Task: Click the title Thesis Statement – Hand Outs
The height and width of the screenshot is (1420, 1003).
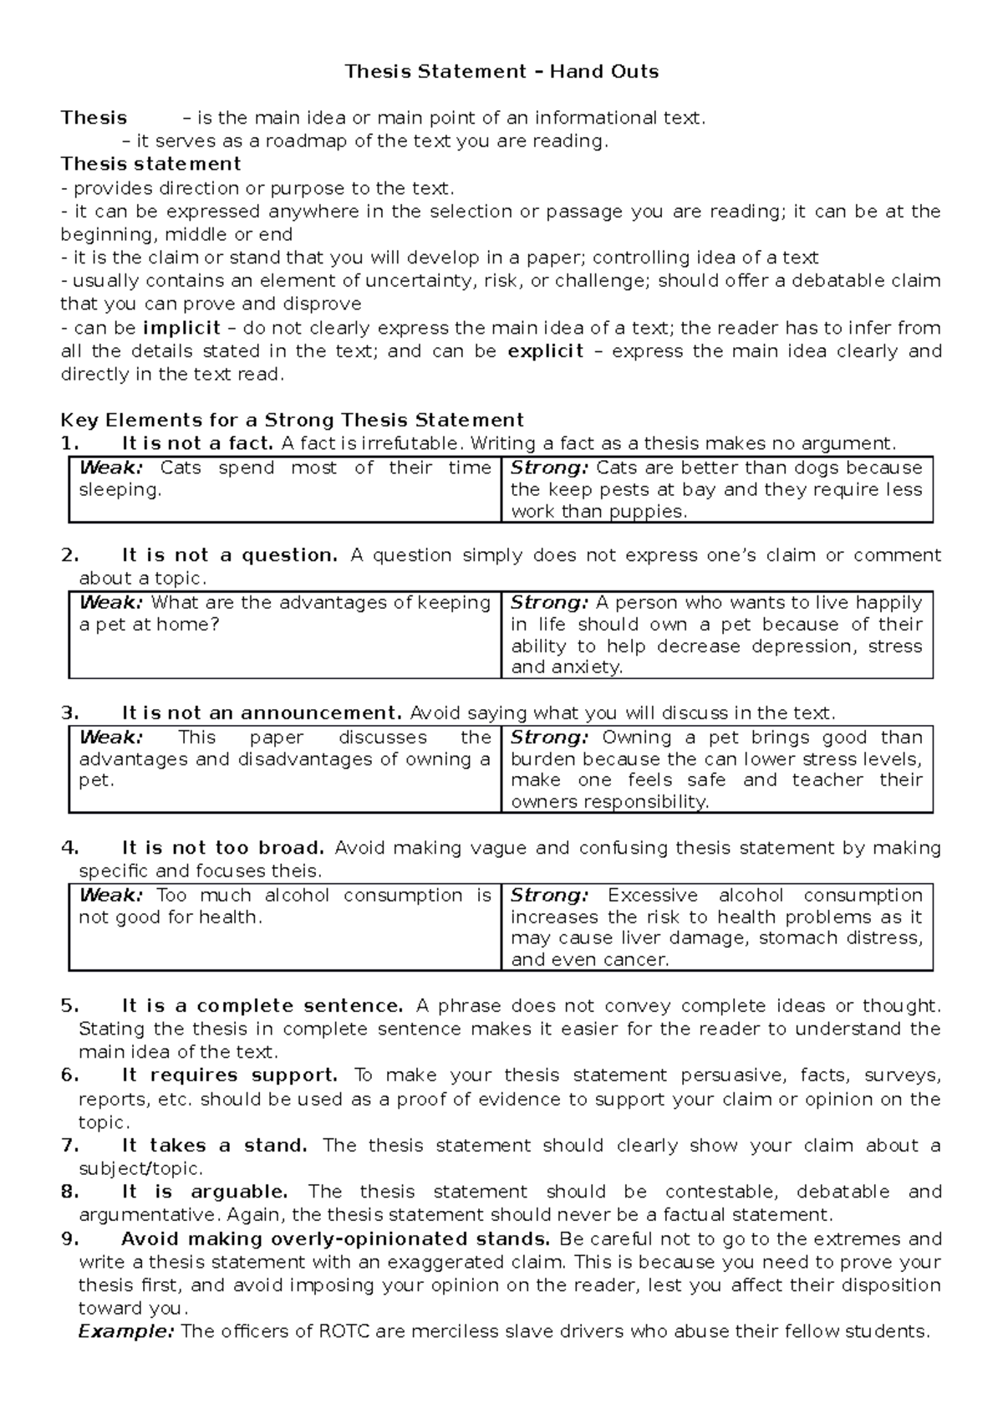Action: [x=501, y=72]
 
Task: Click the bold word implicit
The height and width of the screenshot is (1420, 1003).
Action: [x=181, y=328]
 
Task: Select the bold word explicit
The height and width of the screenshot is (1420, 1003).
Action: [x=545, y=351]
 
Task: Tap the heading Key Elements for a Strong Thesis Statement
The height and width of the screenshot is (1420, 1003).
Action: [x=292, y=420]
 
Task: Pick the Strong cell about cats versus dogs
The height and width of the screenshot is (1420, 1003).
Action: [x=716, y=489]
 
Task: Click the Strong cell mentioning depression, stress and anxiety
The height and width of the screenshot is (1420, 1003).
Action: [x=716, y=635]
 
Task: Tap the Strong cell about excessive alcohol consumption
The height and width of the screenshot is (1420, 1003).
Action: [x=716, y=927]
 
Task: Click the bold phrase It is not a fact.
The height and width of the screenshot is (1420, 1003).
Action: [x=197, y=443]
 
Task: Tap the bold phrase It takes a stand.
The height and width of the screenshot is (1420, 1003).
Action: [x=214, y=1146]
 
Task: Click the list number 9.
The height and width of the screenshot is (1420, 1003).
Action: [x=69, y=1239]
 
